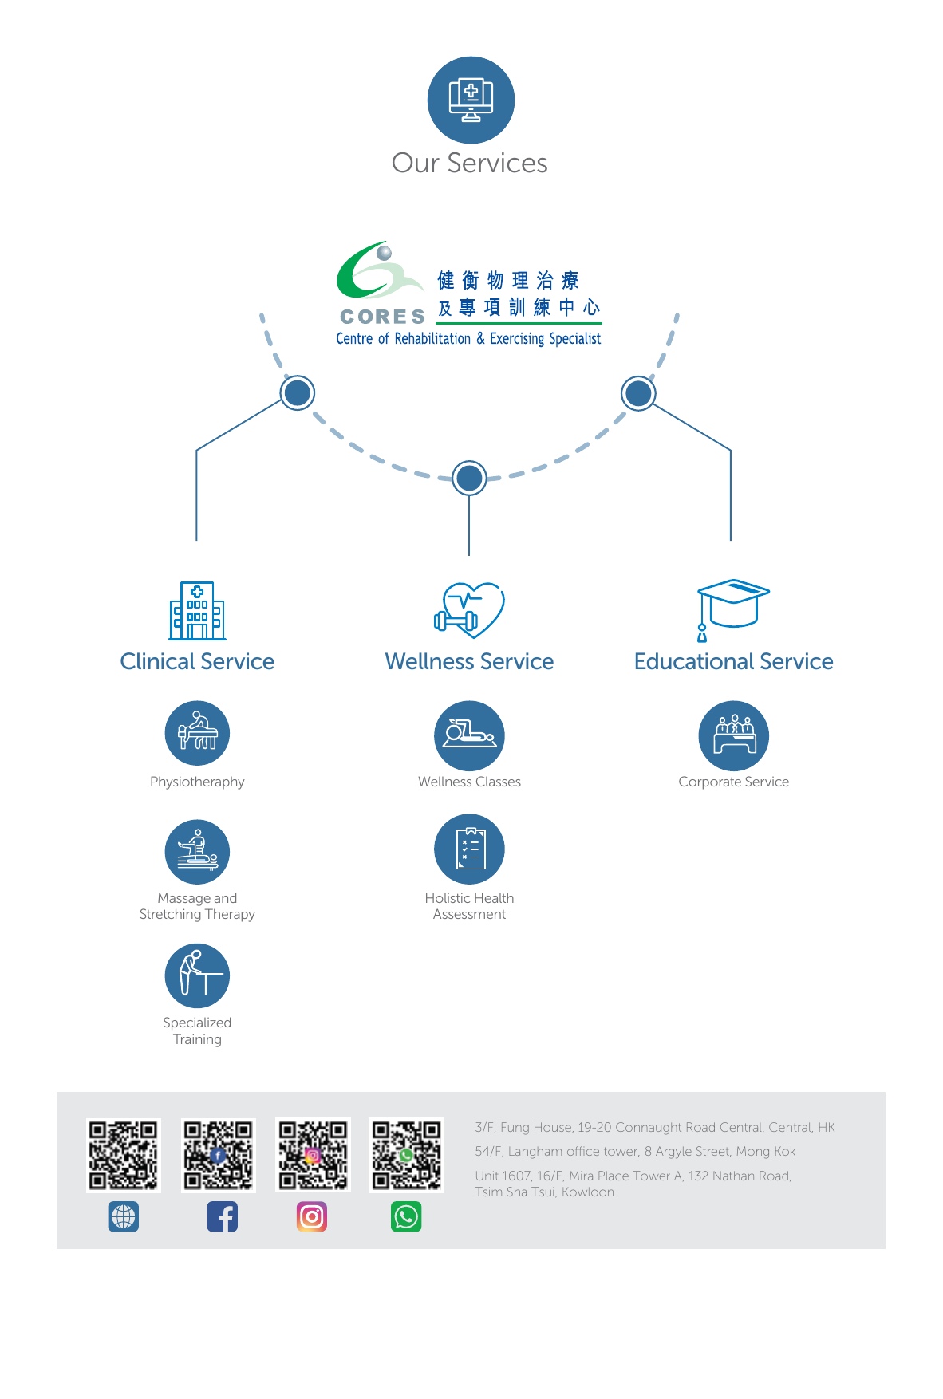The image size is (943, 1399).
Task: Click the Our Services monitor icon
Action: click(471, 100)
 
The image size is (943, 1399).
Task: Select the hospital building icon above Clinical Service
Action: click(197, 610)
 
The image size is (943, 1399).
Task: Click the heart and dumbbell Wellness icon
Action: click(469, 610)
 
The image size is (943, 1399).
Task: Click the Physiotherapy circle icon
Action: click(197, 733)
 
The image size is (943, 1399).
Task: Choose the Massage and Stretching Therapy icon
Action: click(197, 852)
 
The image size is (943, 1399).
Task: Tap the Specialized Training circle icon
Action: click(197, 975)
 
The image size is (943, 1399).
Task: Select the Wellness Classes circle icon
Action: click(469, 735)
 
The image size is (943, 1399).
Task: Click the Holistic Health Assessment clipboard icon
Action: click(469, 849)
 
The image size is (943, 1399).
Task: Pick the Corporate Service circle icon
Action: click(733, 735)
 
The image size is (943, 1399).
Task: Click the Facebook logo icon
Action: click(223, 1216)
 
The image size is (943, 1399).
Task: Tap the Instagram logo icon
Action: click(312, 1216)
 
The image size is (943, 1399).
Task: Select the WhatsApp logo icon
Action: click(406, 1216)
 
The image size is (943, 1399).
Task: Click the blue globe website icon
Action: click(124, 1216)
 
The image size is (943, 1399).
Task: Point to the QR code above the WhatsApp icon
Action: click(406, 1155)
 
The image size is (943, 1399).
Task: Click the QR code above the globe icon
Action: click(124, 1155)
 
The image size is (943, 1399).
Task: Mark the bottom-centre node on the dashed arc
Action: click(469, 478)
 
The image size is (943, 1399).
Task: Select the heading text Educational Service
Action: click(733, 661)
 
